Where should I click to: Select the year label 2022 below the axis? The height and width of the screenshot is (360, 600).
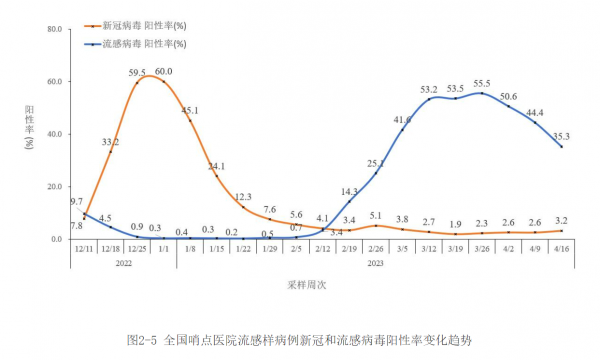(x=124, y=264)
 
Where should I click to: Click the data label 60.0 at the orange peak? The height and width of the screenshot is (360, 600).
(x=163, y=72)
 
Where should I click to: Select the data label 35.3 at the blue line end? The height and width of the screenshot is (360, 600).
(x=562, y=136)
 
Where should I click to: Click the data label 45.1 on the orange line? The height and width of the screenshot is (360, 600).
(x=190, y=110)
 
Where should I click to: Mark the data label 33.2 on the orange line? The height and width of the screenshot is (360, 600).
(x=111, y=143)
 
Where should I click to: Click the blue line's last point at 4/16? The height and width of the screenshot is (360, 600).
(x=561, y=147)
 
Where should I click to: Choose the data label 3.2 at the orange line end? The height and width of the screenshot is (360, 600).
(x=562, y=220)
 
